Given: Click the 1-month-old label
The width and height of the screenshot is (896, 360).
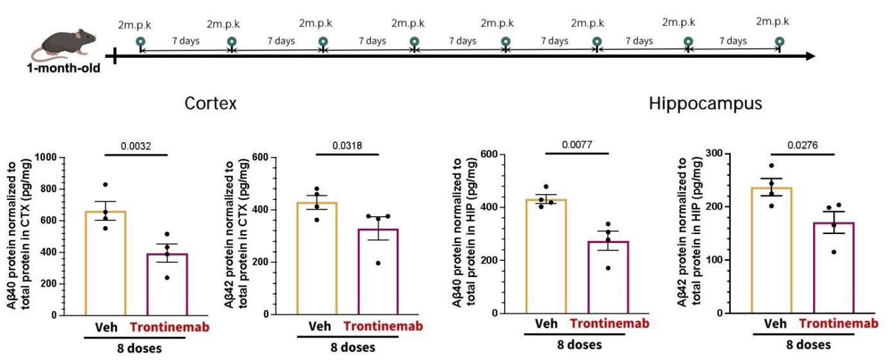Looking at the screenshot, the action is click(x=64, y=68).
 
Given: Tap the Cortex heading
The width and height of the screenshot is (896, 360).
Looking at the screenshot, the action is click(x=210, y=104).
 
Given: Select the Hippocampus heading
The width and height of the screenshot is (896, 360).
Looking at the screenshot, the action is click(x=705, y=104).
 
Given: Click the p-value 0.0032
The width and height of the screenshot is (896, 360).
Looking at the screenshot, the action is click(x=136, y=146).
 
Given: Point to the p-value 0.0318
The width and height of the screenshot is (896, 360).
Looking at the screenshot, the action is click(x=347, y=145).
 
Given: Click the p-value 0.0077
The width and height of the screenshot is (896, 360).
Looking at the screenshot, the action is click(x=577, y=145).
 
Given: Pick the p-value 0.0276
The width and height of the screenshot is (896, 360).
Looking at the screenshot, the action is click(x=802, y=145).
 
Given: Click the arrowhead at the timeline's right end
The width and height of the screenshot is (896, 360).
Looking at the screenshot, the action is click(x=811, y=56).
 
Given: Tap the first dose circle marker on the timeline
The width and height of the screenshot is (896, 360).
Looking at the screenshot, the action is click(x=140, y=42).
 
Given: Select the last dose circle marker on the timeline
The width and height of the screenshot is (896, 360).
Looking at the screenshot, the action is click(x=779, y=41).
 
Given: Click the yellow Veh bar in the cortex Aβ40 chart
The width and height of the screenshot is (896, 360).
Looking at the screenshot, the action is click(x=105, y=263).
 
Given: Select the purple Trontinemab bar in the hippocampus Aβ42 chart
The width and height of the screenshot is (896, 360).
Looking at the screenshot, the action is click(x=834, y=267).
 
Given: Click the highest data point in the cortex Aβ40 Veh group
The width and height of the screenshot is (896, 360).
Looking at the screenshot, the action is click(x=105, y=184).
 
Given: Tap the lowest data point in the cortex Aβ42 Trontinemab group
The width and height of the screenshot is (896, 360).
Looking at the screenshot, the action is click(x=378, y=263).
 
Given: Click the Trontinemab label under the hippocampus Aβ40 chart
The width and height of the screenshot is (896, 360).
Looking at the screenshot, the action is click(x=609, y=323).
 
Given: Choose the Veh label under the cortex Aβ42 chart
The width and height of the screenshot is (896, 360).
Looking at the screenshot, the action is click(x=319, y=326).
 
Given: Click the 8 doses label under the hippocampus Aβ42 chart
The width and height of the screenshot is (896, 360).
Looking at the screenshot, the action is click(x=809, y=345).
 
